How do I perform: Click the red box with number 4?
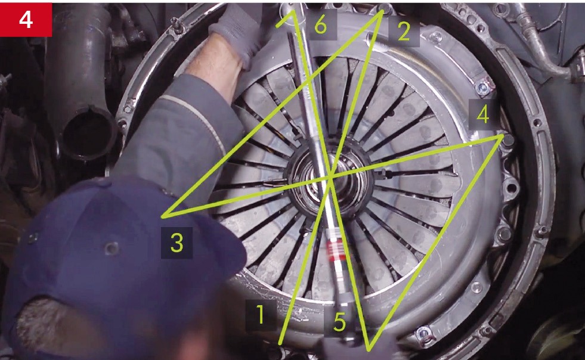click(x=26, y=20)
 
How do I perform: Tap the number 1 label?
click(x=261, y=315)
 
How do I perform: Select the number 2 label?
click(x=404, y=32)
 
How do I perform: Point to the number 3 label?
click(x=177, y=243)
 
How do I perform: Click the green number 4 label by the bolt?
click(x=483, y=114)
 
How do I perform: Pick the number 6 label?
click(x=321, y=25)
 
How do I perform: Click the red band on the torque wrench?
click(x=335, y=249)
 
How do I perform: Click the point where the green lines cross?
click(x=331, y=178)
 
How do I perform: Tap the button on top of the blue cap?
click(x=112, y=248)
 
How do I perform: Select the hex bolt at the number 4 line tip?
click(x=508, y=140)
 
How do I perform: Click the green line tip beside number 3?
click(x=163, y=216)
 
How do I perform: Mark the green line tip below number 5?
click(x=369, y=349)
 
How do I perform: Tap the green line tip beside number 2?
click(x=382, y=11)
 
